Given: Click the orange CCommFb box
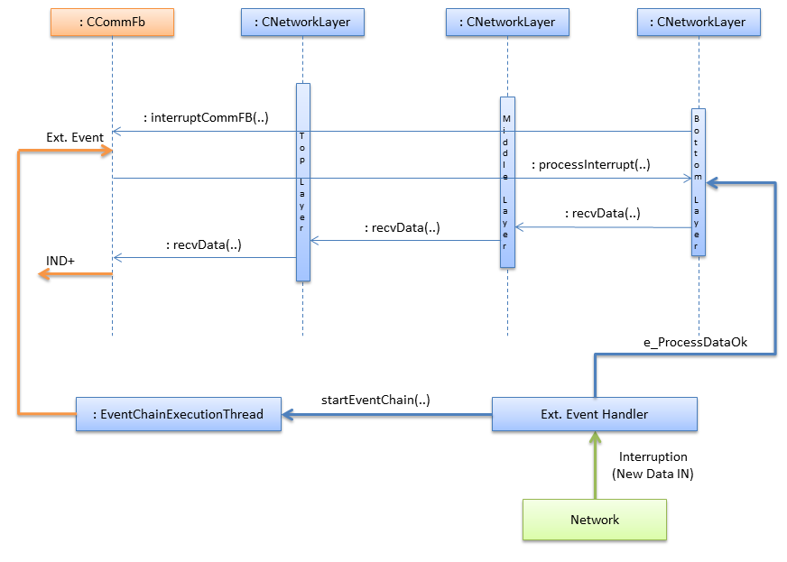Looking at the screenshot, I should point(112,22).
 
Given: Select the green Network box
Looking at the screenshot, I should point(594,520).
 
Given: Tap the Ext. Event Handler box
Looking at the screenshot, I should point(594,414).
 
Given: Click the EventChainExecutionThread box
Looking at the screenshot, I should point(178,414).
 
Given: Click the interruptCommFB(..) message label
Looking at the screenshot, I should point(206,118).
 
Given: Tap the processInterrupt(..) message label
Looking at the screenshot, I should point(590,165).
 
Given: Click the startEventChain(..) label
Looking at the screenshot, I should point(375,400).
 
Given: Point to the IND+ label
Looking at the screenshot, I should point(60,261).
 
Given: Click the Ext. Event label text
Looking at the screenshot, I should point(75,137).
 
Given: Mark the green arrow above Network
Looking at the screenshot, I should point(594,465).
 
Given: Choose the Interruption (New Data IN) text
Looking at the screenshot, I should point(653,465).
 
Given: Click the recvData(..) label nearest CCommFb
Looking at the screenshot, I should point(204,244).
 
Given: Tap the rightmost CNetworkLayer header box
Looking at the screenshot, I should point(699,22).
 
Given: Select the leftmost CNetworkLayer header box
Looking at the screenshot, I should point(302,22).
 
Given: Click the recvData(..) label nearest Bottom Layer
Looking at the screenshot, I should point(603,214).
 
